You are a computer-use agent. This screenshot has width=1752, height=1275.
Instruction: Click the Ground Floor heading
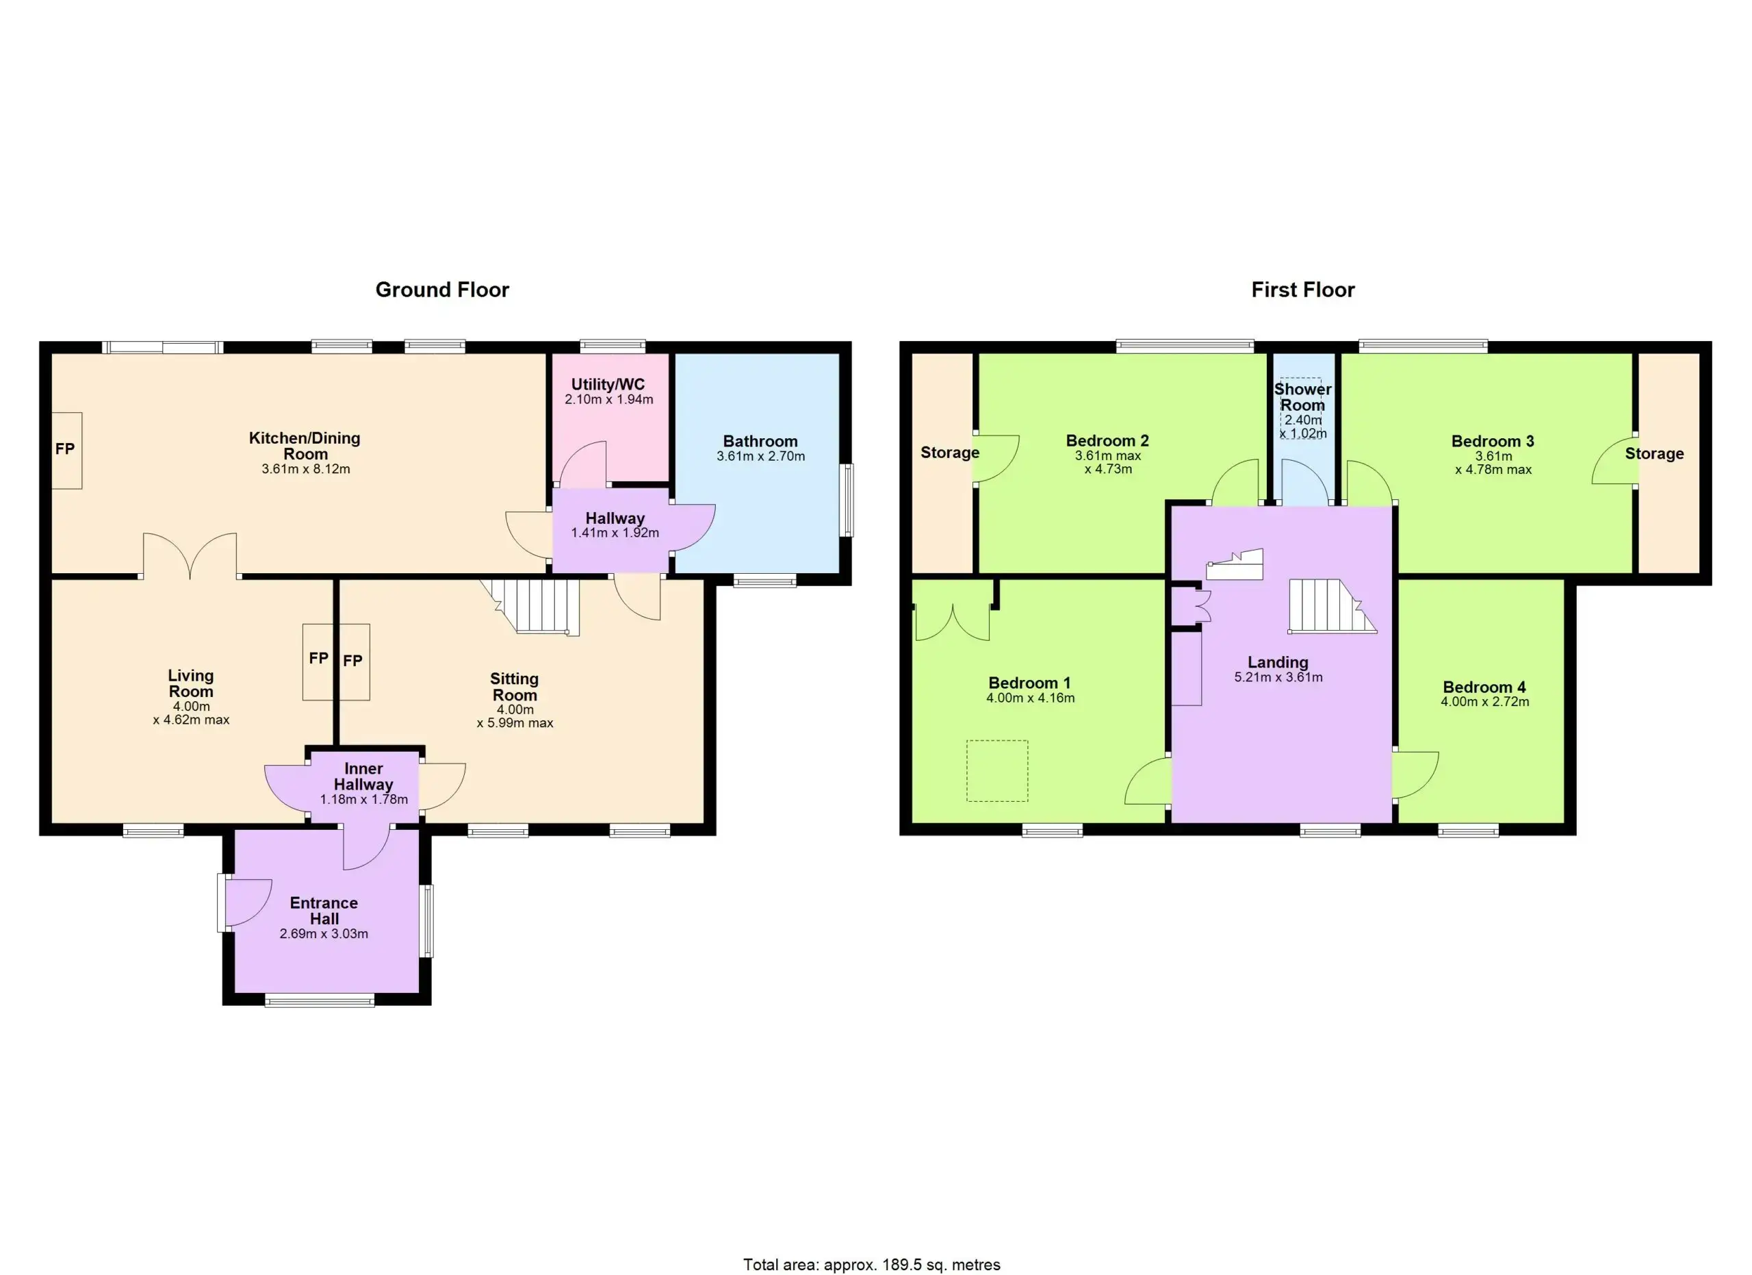[442, 290]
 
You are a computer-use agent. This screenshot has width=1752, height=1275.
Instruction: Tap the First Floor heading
[1302, 290]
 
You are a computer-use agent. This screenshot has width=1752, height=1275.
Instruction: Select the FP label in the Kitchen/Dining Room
[65, 449]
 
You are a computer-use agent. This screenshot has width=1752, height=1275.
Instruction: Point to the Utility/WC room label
[608, 385]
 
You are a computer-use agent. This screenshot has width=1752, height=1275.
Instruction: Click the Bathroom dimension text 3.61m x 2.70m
[760, 456]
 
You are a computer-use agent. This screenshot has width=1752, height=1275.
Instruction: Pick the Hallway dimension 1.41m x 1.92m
[615, 533]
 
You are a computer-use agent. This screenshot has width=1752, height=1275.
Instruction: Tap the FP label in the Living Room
[318, 658]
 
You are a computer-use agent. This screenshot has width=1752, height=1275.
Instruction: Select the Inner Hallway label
[363, 777]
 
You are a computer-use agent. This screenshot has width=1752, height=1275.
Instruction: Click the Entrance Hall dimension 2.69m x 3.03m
[324, 933]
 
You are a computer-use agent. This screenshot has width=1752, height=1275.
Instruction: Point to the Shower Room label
[1302, 397]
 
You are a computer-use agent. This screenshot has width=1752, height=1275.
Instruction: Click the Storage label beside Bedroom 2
[949, 453]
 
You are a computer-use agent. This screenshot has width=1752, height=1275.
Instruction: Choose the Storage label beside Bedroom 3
[1654, 453]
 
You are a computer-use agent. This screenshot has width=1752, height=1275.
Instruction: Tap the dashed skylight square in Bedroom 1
[997, 770]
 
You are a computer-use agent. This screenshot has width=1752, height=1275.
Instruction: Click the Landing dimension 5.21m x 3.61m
[1278, 678]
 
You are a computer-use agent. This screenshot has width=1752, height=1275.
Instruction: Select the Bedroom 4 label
[1484, 687]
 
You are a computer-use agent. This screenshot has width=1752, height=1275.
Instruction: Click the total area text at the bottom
[871, 1265]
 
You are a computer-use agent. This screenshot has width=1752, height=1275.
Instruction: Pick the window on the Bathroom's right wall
[847, 500]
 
